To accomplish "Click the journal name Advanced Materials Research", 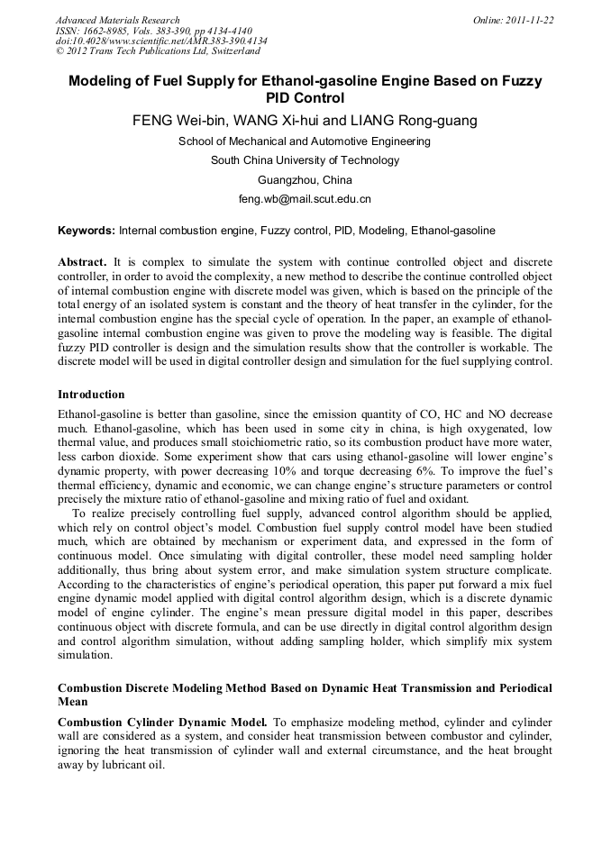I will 117,20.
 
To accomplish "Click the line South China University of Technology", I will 305,160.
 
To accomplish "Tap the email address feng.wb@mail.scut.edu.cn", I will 305,198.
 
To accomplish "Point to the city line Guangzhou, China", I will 305,179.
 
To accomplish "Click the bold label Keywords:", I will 86,231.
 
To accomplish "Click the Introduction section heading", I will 91,395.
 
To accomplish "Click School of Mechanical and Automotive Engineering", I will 305,141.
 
